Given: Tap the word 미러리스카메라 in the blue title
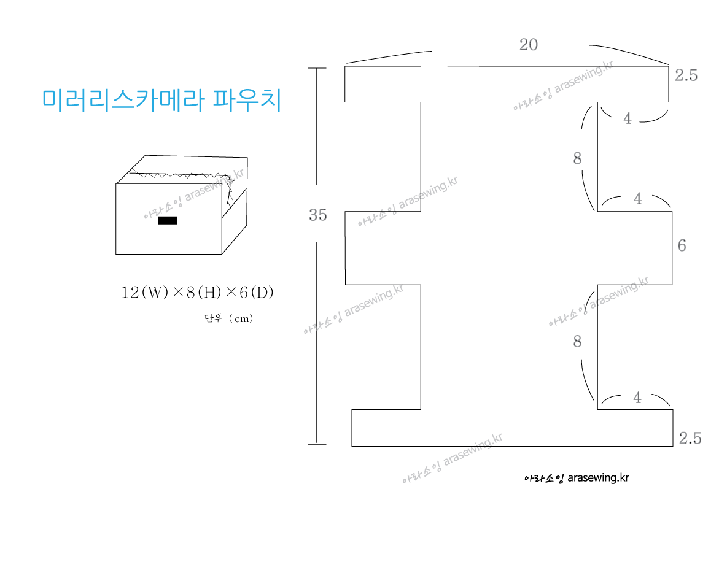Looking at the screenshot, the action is [x=123, y=100].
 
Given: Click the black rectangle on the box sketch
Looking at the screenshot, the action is [x=168, y=220].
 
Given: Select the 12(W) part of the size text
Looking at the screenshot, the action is [x=144, y=293].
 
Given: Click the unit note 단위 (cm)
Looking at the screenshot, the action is [x=228, y=318].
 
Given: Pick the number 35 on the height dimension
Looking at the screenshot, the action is [x=317, y=215].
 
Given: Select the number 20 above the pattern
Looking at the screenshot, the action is [x=528, y=45].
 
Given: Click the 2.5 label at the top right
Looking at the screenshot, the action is [x=686, y=76].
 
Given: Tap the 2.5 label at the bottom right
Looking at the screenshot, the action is [x=690, y=438].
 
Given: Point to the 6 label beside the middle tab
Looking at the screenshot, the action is [x=682, y=246].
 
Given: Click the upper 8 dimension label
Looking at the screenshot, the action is [x=577, y=159].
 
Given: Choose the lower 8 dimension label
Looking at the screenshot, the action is [x=577, y=342].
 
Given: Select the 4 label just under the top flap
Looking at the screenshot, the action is [x=627, y=119].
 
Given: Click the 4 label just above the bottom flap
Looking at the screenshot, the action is [x=637, y=398].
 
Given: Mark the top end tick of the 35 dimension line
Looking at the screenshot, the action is [x=317, y=69].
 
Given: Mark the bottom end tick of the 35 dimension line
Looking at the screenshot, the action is [x=317, y=443].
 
